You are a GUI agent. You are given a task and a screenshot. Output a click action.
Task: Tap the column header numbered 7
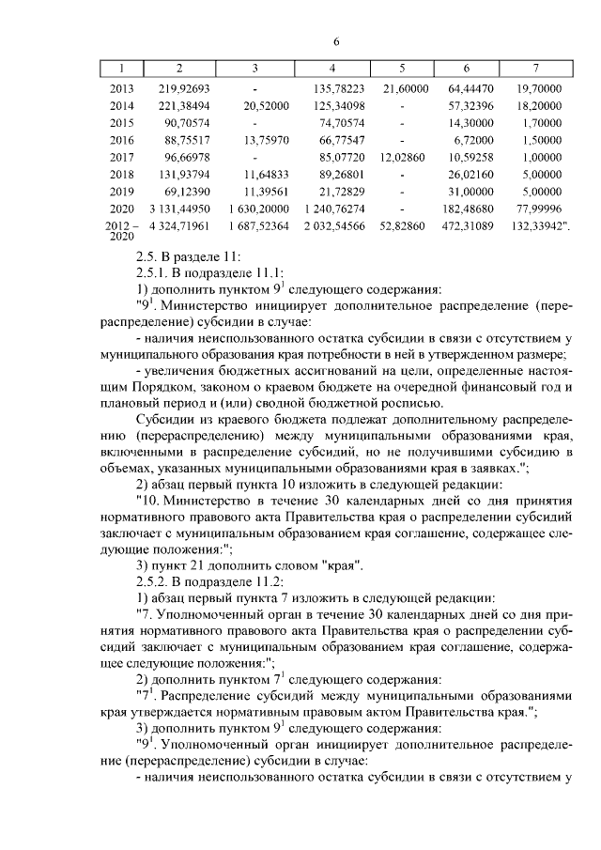[x=535, y=69]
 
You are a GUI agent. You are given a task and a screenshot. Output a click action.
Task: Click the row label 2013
[x=122, y=88]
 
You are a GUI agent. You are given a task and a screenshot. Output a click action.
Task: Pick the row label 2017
[x=122, y=156]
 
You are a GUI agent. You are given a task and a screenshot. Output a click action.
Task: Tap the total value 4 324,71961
[x=178, y=226]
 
